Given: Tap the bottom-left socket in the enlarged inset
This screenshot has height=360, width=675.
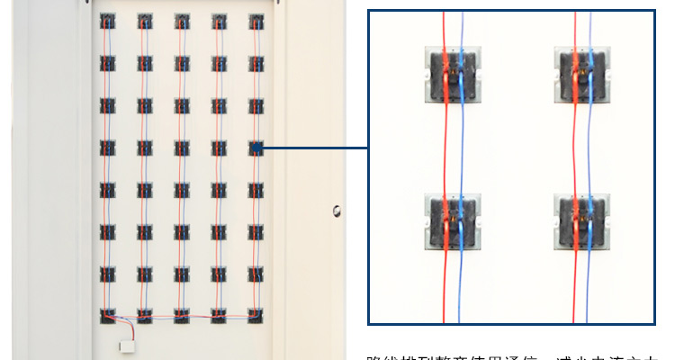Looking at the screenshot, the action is (x=453, y=220).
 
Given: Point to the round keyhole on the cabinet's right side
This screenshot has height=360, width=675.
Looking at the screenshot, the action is (x=336, y=211).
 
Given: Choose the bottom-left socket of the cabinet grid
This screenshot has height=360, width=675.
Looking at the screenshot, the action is (x=108, y=316).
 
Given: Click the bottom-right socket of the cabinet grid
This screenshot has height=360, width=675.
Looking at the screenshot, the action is (x=256, y=316).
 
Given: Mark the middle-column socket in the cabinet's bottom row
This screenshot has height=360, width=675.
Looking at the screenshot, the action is (x=182, y=316).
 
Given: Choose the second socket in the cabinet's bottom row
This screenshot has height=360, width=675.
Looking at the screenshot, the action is (x=145, y=316).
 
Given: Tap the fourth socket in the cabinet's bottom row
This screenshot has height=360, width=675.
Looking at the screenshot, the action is (x=220, y=316).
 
